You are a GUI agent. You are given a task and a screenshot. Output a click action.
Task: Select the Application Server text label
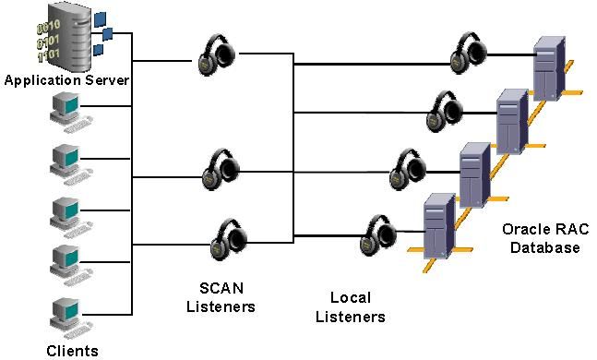point(66,80)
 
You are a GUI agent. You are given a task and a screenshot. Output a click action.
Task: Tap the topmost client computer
point(67,112)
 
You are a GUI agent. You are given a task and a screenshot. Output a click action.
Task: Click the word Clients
point(72,350)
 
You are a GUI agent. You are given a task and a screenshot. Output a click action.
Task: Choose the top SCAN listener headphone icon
point(220,57)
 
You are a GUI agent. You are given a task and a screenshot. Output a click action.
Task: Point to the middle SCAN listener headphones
point(222,167)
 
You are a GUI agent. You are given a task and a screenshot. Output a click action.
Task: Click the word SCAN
point(221,287)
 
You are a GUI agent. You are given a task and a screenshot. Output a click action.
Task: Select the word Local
point(350,298)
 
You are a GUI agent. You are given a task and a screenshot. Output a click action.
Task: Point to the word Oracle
point(520,230)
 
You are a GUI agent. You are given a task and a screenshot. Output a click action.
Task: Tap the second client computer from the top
point(67,162)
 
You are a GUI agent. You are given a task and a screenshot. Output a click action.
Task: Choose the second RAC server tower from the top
point(509,121)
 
